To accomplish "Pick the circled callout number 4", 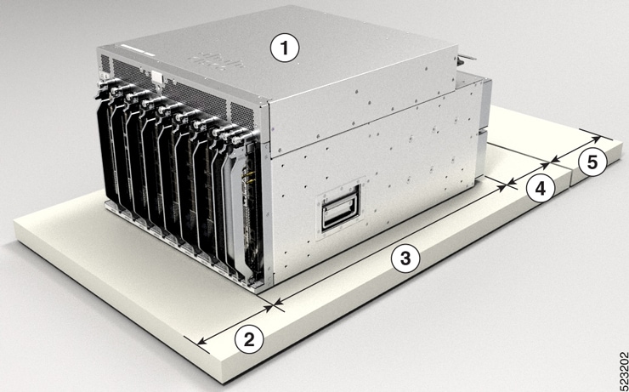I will click(536, 190).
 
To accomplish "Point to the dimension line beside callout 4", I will click(529, 170).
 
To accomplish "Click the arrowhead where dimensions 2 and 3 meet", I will click(275, 300).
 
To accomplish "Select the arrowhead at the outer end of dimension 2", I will click(200, 342).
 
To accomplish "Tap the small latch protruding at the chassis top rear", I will click(463, 60).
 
